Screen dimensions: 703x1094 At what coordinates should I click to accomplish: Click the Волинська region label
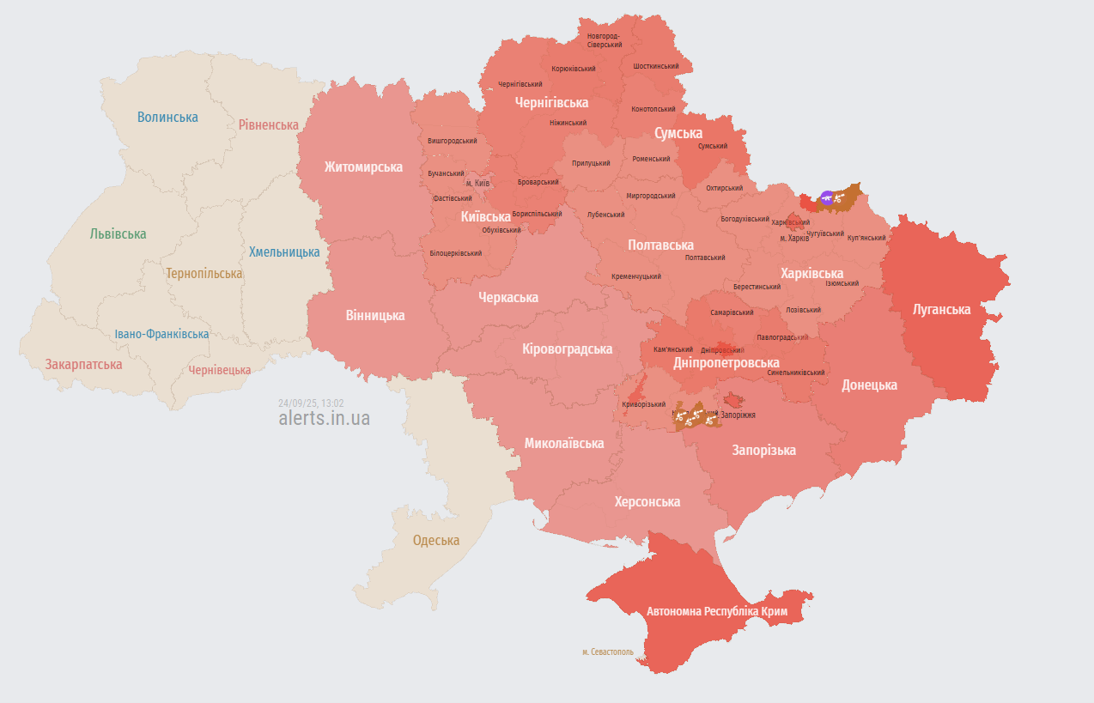(167, 117)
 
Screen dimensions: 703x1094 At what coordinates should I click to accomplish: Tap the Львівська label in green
(118, 233)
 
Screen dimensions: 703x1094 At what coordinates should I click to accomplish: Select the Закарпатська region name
(83, 364)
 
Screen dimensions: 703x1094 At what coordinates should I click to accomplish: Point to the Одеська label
(435, 541)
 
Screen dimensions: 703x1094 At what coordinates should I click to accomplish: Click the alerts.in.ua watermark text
(324, 418)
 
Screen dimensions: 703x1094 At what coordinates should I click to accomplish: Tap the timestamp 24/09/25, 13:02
(311, 403)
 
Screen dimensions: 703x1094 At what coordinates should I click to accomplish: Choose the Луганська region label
(942, 309)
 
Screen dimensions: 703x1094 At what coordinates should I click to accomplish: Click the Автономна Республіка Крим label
(717, 612)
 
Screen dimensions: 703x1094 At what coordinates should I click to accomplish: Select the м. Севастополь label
(607, 651)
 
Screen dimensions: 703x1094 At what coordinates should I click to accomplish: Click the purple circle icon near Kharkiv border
(827, 197)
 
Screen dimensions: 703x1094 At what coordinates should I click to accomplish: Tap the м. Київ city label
(477, 184)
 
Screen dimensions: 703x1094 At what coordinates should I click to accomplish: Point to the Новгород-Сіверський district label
(605, 39)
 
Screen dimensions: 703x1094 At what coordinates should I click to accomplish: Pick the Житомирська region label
(362, 167)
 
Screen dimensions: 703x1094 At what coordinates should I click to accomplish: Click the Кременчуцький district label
(636, 276)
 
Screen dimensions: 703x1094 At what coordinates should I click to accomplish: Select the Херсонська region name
(647, 501)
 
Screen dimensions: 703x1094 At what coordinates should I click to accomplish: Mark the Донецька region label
(869, 385)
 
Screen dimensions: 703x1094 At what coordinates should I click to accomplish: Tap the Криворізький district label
(644, 404)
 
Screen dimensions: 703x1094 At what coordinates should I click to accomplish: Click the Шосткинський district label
(656, 66)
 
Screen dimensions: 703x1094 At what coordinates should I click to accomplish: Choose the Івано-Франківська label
(161, 334)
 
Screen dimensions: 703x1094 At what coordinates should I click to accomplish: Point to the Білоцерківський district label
(455, 253)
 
